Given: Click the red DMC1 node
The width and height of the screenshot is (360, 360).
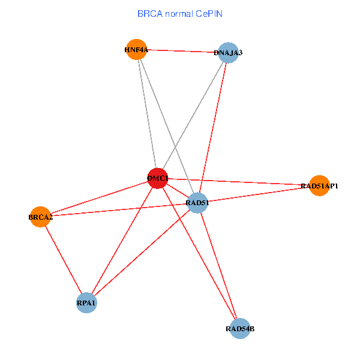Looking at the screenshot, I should pyautogui.click(x=157, y=178).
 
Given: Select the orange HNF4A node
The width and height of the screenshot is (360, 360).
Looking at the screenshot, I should pyautogui.click(x=137, y=50).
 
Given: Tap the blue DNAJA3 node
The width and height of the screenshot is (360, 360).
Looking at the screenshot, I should pyautogui.click(x=228, y=53).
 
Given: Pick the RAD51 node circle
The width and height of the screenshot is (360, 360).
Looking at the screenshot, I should pyautogui.click(x=197, y=203).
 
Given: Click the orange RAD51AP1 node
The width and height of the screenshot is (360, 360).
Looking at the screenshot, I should pyautogui.click(x=319, y=186).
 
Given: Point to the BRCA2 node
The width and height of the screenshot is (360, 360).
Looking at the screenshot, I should pyautogui.click(x=40, y=217).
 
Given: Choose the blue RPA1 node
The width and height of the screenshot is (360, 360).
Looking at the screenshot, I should pyautogui.click(x=86, y=303).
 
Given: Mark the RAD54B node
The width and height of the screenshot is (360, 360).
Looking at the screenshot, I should pyautogui.click(x=239, y=328).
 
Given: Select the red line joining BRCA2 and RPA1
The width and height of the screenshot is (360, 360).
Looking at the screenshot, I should pyautogui.click(x=63, y=259).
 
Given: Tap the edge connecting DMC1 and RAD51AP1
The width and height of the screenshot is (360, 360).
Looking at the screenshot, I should pyautogui.click(x=240, y=182).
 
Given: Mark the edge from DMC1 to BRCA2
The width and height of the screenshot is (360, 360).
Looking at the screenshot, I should pyautogui.click(x=96, y=198).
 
